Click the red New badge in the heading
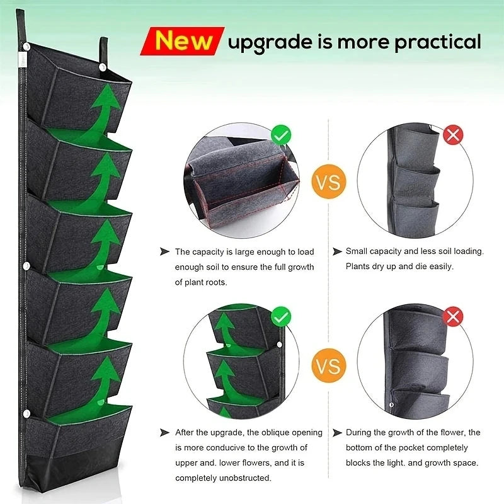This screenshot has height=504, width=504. (183, 41)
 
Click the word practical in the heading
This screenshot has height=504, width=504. (438, 42)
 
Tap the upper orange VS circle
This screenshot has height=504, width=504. (328, 181)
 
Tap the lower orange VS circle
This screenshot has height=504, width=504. (328, 365)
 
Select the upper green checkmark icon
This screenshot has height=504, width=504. (281, 135)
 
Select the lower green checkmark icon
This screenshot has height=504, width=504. (281, 317)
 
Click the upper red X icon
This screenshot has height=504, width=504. (453, 135)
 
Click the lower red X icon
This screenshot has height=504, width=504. (453, 316)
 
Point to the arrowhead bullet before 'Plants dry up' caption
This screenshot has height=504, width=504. (337, 251)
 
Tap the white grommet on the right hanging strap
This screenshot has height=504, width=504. (103, 67)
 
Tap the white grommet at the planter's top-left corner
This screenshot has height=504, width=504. (26, 46)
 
